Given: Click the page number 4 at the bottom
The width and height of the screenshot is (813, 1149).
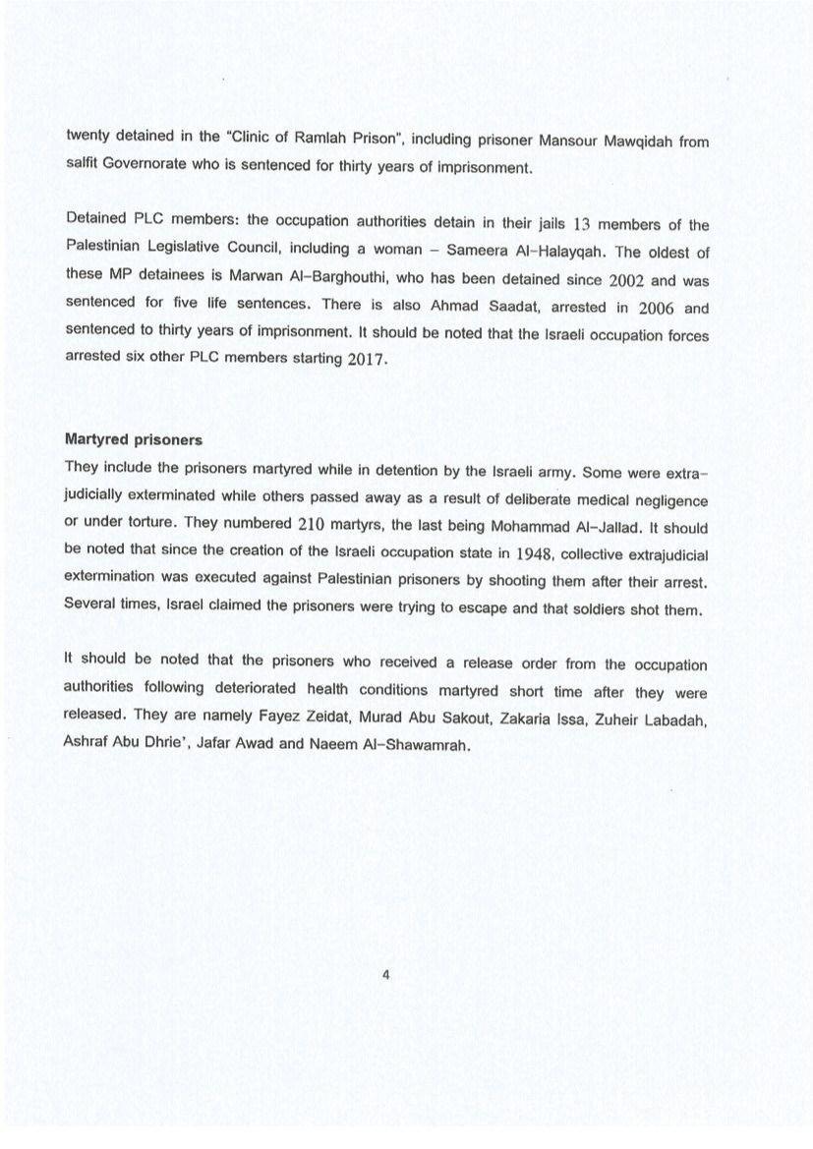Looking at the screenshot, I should [x=386, y=975].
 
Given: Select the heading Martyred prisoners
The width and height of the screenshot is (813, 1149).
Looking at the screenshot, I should [x=133, y=439].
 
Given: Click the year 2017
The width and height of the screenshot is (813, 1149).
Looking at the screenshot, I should [x=368, y=359].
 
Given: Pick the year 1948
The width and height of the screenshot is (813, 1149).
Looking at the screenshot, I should [x=535, y=553].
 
